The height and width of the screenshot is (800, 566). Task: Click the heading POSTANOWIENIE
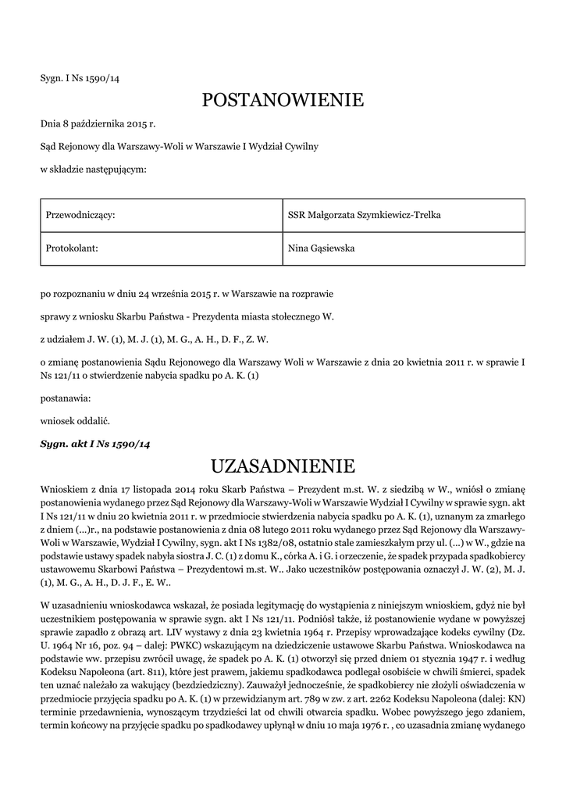pos(283,100)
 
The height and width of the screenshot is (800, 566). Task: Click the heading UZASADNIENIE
pos(283,466)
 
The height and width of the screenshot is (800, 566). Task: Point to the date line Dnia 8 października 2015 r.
pos(98,123)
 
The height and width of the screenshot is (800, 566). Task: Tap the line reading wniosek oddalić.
pos(75,420)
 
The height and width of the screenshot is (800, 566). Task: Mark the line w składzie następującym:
pos(93,169)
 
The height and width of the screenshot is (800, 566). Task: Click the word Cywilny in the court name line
pos(302,146)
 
